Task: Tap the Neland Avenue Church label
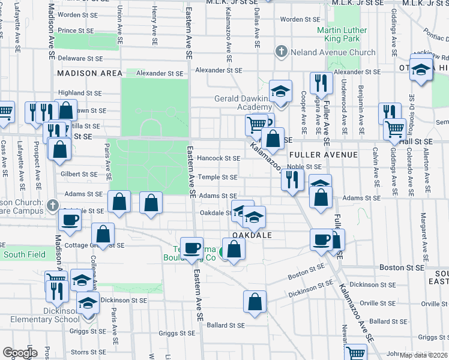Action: tap(333, 52)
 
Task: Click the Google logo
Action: tap(20, 353)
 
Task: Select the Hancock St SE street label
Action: tap(218, 158)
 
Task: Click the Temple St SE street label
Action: tap(218, 177)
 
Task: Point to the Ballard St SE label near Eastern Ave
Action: tap(226, 325)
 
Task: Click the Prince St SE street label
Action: tap(76, 30)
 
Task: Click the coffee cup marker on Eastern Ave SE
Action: tap(193, 248)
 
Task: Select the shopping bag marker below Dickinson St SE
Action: tap(255, 302)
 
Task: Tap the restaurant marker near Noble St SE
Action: tap(292, 179)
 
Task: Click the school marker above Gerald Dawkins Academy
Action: tap(280, 91)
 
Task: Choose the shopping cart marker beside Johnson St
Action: tap(355, 354)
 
